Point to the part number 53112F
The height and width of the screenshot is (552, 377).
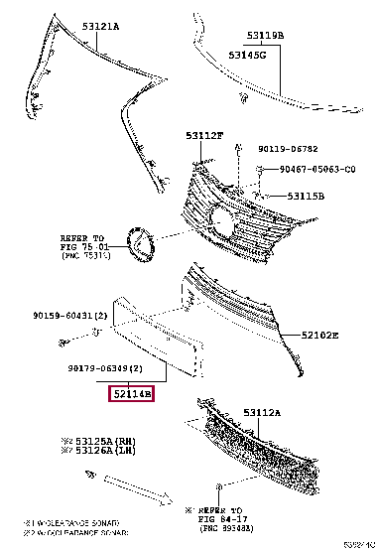click(x=204, y=134)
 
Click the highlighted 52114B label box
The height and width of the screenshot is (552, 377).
click(x=132, y=394)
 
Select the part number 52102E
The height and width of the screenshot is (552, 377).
click(x=318, y=338)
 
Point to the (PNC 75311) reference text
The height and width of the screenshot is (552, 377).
click(x=83, y=254)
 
